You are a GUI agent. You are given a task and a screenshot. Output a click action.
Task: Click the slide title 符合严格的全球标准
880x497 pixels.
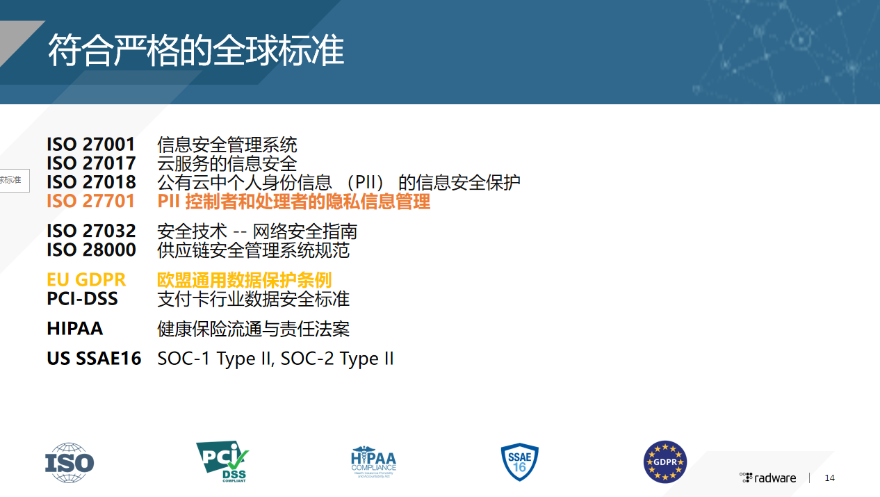[x=196, y=51]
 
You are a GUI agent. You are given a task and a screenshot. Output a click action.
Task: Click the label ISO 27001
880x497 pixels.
[x=91, y=145]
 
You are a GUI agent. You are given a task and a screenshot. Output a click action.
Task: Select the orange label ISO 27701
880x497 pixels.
[x=91, y=202]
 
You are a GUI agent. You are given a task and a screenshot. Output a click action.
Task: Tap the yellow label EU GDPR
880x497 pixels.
[x=86, y=279]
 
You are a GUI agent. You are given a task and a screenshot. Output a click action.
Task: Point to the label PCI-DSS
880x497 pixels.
[x=82, y=299]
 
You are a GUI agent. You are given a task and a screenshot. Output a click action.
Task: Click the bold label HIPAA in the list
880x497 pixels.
[x=74, y=329]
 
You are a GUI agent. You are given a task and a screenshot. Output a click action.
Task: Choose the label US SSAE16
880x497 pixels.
[x=94, y=359]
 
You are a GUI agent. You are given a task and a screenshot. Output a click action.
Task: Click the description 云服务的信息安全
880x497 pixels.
[x=227, y=163]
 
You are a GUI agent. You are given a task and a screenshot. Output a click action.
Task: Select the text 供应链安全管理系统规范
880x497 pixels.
[x=254, y=250]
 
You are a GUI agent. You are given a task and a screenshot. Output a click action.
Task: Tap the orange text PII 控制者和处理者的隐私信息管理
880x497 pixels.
[x=294, y=202]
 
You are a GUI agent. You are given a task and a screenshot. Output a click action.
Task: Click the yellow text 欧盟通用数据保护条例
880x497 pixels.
[x=245, y=279]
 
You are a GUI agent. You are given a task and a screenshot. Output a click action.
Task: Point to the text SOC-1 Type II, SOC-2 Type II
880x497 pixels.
[x=276, y=359]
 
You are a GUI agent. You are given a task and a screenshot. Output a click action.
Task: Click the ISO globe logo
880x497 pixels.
[x=70, y=462]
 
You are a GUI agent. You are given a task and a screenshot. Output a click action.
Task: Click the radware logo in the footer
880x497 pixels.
[x=768, y=478]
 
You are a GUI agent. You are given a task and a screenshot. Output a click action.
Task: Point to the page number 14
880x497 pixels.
[x=829, y=478]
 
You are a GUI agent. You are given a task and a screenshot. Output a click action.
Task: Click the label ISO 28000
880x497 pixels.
[x=91, y=250]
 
